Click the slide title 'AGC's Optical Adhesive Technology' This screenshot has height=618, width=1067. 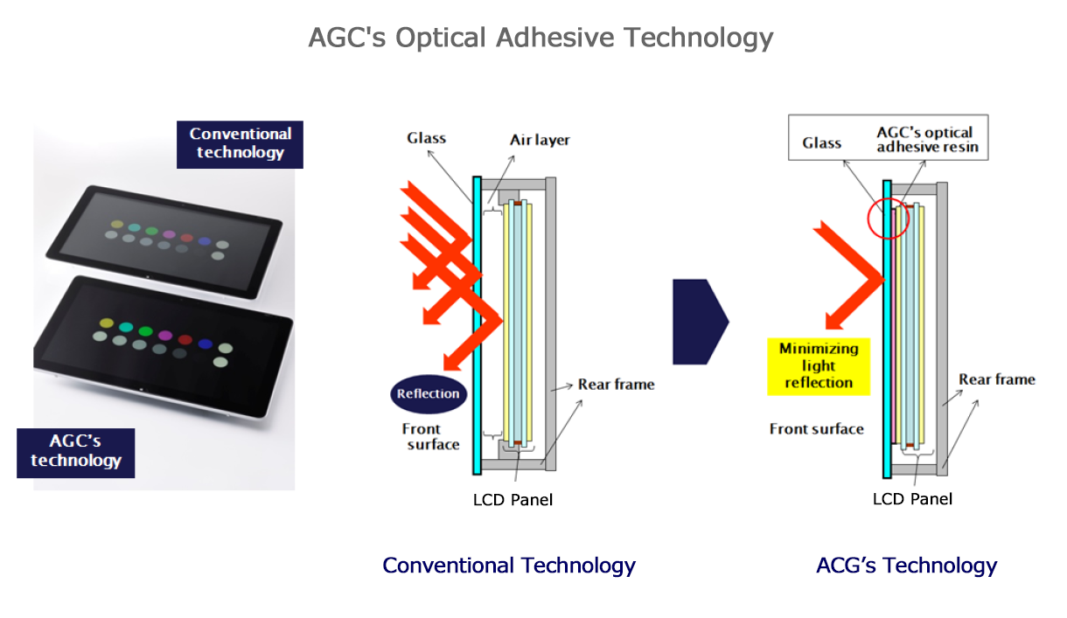(540, 37)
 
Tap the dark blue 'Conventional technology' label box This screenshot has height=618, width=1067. (240, 144)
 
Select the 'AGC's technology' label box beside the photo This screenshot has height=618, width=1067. (76, 453)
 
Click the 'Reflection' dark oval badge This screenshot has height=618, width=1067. (429, 393)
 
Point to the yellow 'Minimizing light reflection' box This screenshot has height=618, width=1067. (819, 366)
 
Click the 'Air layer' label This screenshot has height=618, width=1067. (540, 140)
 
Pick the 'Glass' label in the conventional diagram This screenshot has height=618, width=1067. (426, 138)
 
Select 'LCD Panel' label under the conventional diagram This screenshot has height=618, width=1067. (513, 500)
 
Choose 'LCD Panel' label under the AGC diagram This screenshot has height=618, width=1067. (912, 499)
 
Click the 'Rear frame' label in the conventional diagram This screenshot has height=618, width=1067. (617, 385)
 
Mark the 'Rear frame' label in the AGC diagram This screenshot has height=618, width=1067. (997, 379)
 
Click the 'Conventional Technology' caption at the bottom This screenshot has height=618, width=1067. (509, 566)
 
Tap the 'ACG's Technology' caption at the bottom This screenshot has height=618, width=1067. (906, 566)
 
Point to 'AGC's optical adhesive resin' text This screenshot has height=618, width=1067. (927, 140)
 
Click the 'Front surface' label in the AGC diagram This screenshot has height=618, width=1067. (817, 429)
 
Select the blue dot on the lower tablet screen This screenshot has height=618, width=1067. (206, 344)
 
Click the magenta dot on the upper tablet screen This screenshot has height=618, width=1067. (169, 234)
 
